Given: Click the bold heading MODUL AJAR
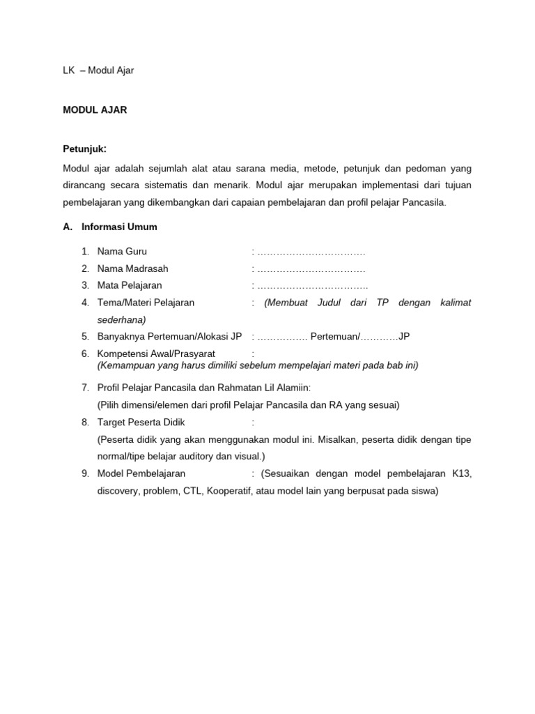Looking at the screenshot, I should pos(95,110).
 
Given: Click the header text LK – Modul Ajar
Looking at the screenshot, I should pos(98,70).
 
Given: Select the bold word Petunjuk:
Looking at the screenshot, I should pos(85,149).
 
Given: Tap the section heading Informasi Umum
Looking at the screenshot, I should pos(119,227).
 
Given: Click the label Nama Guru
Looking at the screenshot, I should pos(122,251).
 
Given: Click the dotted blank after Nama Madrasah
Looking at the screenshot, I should pos(311,268).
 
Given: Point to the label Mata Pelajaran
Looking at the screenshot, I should pos(130,285).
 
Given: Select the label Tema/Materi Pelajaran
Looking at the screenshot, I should pos(146,303).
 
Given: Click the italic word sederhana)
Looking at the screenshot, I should pos(121,319).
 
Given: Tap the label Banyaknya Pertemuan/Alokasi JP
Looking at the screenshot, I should pos(169,336).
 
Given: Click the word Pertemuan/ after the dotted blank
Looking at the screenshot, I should pos(335,336).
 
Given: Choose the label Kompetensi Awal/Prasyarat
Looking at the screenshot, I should pos(156,354).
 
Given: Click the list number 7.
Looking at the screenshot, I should pos(85,387).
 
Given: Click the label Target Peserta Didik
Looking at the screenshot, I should pos(141,422).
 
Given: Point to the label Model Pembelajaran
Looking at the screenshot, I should pos(141,473).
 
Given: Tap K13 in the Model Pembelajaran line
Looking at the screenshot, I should pos(461,473).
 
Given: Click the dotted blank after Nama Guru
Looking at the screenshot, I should pos(311,252).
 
